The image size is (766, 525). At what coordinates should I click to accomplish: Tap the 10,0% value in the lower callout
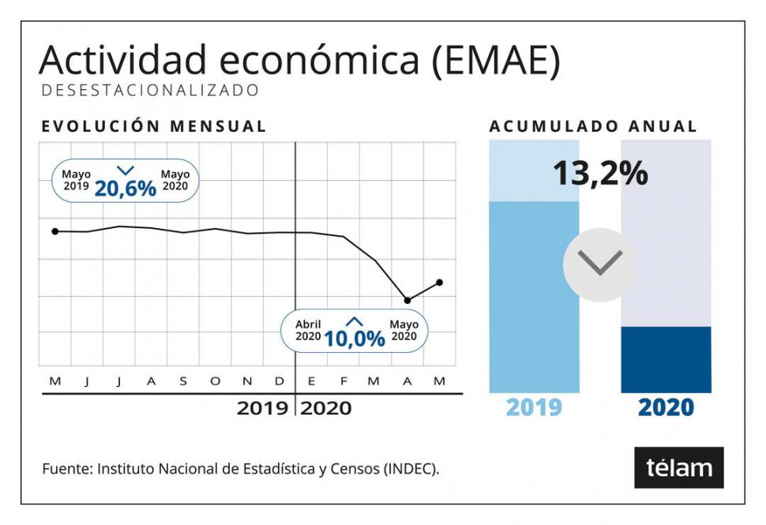pyautogui.click(x=355, y=338)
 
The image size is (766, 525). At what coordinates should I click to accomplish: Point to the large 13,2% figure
pyautogui.click(x=600, y=173)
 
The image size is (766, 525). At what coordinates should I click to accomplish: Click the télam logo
pyautogui.click(x=679, y=467)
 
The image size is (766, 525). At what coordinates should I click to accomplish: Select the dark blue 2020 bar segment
pyautogui.click(x=666, y=359)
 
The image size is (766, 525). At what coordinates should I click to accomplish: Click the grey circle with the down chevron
pyautogui.click(x=600, y=264)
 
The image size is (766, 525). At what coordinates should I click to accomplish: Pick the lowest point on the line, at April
pyautogui.click(x=407, y=300)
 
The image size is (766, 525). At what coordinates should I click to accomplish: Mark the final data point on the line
pyautogui.click(x=440, y=282)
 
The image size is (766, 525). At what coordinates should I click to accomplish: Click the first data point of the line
pyautogui.click(x=54, y=231)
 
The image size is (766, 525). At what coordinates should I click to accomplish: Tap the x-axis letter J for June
pyautogui.click(x=87, y=382)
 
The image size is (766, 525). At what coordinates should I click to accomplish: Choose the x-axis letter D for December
pyautogui.click(x=280, y=382)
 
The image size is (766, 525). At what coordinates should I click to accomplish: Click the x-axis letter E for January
pyautogui.click(x=311, y=382)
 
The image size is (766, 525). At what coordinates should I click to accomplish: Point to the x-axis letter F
pyautogui.click(x=344, y=382)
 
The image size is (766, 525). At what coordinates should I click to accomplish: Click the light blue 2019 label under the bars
pyautogui.click(x=534, y=407)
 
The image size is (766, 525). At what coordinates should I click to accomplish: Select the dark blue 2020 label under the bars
pyautogui.click(x=666, y=407)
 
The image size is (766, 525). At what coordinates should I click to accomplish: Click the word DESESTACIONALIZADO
pyautogui.click(x=150, y=91)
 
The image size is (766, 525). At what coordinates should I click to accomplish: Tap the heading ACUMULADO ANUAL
pyautogui.click(x=593, y=126)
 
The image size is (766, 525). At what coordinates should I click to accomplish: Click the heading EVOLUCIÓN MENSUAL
pyautogui.click(x=154, y=126)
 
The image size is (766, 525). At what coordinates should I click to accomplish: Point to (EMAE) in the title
pyautogui.click(x=497, y=62)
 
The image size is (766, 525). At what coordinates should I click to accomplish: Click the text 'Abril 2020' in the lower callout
pyautogui.click(x=309, y=330)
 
